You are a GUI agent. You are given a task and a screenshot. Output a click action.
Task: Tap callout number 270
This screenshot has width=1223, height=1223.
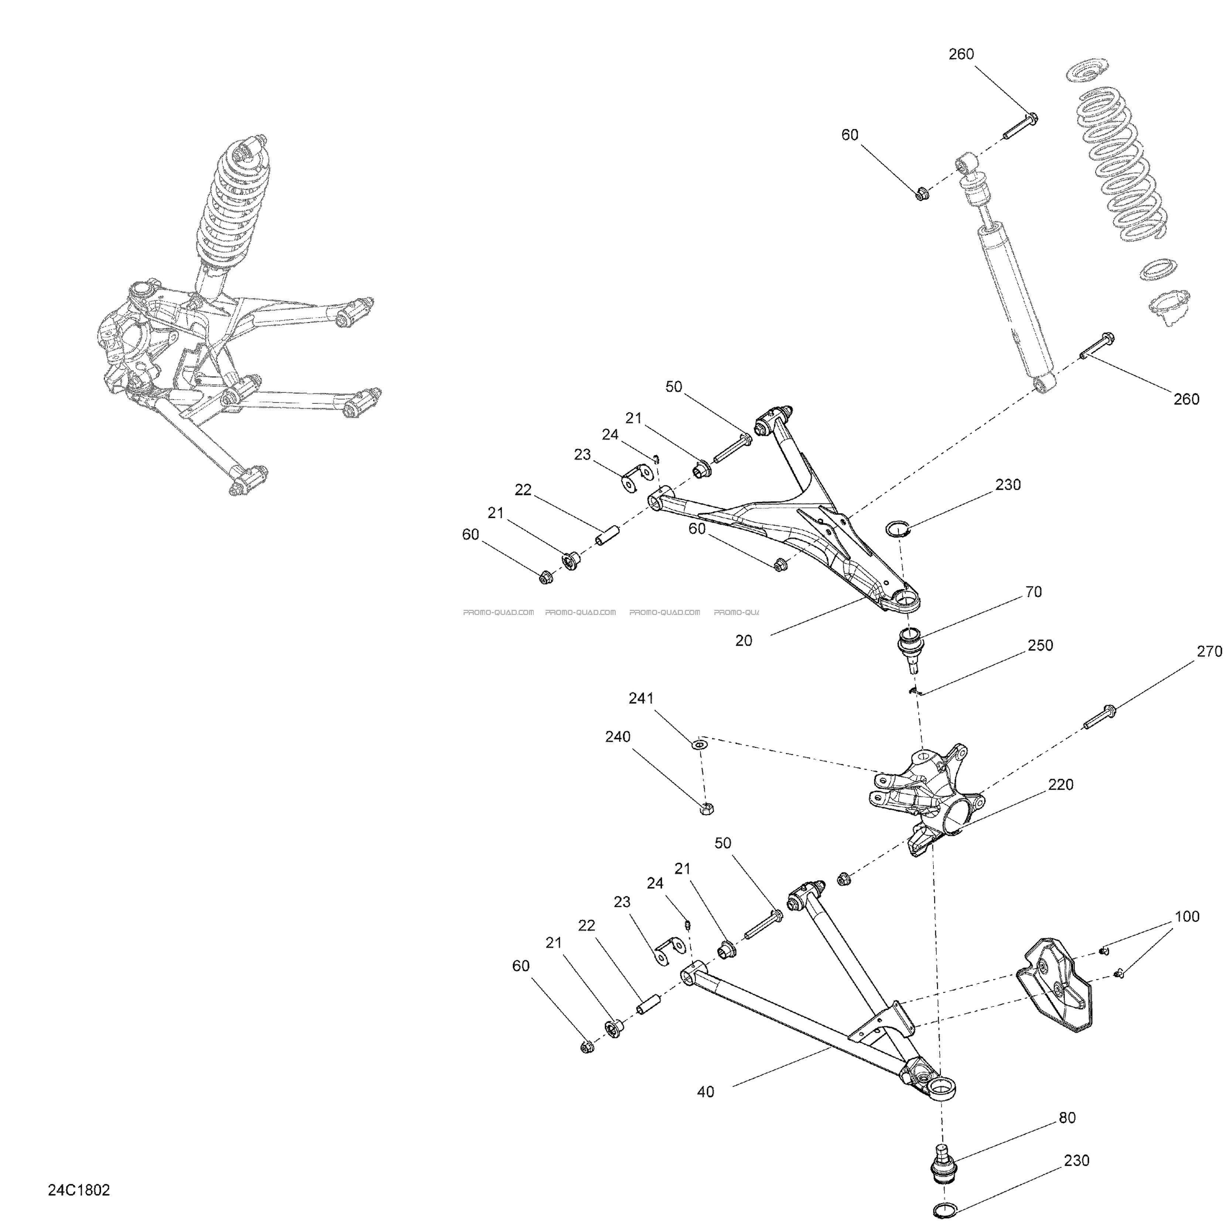click(1209, 651)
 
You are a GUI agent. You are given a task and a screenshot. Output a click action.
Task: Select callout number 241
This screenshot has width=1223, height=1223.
click(641, 698)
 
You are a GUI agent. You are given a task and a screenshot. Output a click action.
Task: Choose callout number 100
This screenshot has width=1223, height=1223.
click(1187, 917)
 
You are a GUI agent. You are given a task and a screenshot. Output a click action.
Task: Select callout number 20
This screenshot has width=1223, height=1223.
click(744, 640)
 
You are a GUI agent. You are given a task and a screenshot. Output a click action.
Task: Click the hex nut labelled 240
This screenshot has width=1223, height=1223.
click(707, 808)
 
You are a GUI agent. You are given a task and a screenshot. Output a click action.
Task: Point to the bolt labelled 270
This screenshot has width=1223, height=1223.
click(1100, 717)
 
